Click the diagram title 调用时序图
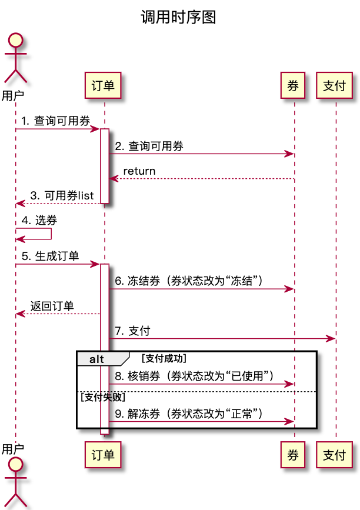point(178,17)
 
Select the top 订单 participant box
point(103,86)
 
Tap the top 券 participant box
point(293,86)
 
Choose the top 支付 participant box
point(334,86)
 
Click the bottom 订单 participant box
point(103,454)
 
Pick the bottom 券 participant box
point(293,454)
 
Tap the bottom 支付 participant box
point(334,454)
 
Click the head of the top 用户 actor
point(16,41)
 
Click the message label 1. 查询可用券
point(56,121)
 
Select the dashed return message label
point(139,171)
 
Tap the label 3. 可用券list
point(62,196)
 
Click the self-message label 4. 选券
point(39,221)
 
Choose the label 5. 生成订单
point(51,256)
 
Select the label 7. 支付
point(132,331)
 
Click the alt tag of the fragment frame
point(97,359)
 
